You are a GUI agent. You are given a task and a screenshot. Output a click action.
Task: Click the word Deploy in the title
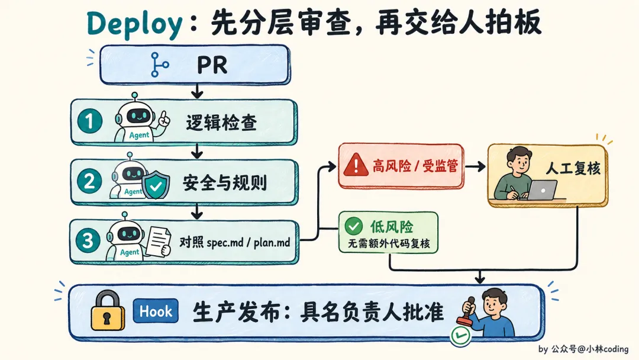tap(134, 24)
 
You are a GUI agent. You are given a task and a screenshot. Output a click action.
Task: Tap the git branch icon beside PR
tap(159, 65)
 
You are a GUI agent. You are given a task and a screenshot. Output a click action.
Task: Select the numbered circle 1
tap(90, 121)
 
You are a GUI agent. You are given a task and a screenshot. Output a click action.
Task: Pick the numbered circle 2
tap(90, 181)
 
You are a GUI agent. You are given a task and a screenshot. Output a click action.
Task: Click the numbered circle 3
tap(88, 240)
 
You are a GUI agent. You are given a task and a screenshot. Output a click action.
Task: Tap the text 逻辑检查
tap(221, 123)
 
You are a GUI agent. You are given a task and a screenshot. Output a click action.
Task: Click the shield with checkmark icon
tap(156, 185)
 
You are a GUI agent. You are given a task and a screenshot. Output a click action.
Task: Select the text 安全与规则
tap(225, 182)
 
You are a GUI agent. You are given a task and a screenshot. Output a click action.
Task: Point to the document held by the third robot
tap(159, 242)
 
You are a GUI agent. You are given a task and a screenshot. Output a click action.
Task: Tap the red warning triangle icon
tap(356, 165)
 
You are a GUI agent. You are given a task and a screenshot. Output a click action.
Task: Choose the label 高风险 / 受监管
tap(415, 166)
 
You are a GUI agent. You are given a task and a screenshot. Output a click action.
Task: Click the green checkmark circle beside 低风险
tap(353, 226)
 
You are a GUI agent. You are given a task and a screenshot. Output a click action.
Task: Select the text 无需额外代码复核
tap(389, 243)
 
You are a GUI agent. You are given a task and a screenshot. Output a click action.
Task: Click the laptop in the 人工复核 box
tap(542, 191)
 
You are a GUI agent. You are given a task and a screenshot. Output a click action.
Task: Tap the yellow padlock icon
tap(108, 310)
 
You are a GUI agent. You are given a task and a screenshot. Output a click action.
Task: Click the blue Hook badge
tap(156, 311)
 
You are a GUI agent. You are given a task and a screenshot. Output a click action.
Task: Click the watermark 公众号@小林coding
tap(590, 349)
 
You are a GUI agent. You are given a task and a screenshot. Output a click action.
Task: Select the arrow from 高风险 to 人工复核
tap(475, 166)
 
